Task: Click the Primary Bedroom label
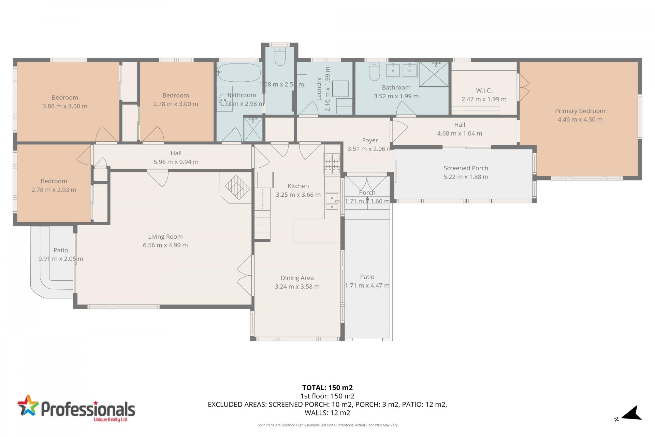coord(580,111)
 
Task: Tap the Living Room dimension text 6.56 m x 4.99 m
coord(165,245)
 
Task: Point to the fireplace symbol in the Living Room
coord(237,187)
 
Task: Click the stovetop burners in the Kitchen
coord(332,164)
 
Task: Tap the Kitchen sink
coord(332,201)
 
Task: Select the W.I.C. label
coord(484,90)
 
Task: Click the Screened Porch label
coord(466,168)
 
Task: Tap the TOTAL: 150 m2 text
coord(327,387)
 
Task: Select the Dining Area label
coord(297,278)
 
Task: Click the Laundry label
coord(319,89)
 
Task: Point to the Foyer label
coord(370,140)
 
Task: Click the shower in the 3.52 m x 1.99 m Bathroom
coord(434,74)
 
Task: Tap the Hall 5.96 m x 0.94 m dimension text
coord(176,162)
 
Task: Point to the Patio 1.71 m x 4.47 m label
coord(367,277)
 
